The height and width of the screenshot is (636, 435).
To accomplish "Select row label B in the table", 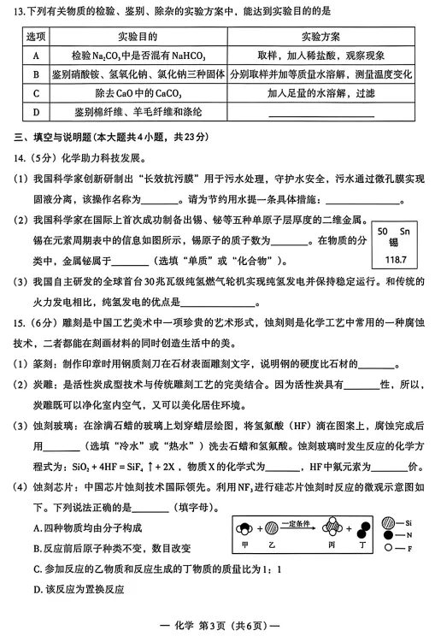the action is point(36,74).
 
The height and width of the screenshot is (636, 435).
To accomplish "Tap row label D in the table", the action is point(36,112).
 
